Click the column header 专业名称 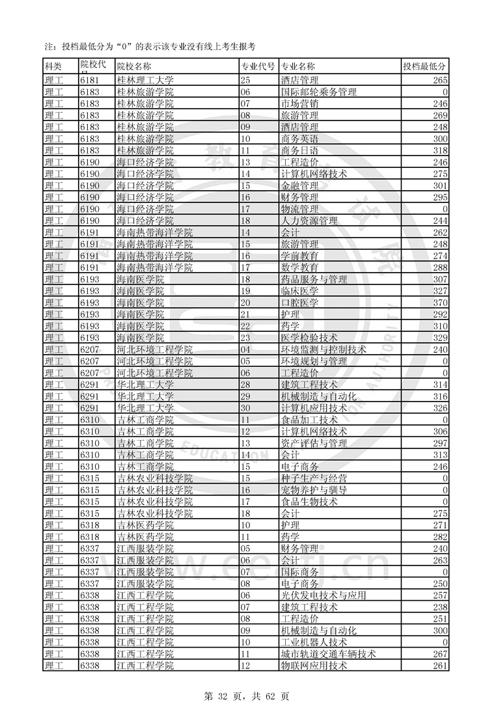tap(298, 66)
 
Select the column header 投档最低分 tap(424, 66)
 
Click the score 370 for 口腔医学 tap(440, 303)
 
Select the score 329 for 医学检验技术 tap(440, 338)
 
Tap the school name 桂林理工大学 tap(145, 80)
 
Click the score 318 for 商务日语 tap(440, 150)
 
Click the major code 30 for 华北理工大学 tap(245, 408)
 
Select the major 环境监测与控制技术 tap(323, 350)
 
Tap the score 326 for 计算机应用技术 tap(440, 408)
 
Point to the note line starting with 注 tap(148, 47)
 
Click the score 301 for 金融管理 tap(440, 185)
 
